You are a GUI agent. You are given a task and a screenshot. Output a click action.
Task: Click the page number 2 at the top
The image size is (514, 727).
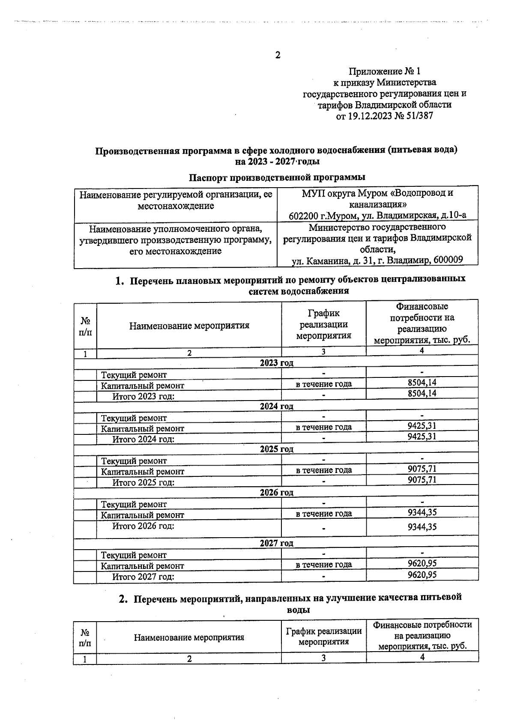[278, 55]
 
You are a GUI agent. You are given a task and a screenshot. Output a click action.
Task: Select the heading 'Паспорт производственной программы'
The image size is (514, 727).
[277, 177]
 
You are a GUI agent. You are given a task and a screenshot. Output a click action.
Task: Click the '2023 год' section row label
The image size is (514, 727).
[276, 363]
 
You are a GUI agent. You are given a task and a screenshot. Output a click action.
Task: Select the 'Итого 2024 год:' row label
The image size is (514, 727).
[143, 439]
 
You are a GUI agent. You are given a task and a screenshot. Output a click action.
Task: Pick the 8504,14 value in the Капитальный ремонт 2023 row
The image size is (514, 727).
[422, 383]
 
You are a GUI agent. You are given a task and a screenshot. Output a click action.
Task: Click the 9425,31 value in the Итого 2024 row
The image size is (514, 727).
[422, 437]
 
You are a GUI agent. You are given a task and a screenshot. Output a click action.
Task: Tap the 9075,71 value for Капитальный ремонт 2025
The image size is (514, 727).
[422, 469]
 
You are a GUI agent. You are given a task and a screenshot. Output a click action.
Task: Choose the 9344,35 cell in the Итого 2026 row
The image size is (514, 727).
[422, 527]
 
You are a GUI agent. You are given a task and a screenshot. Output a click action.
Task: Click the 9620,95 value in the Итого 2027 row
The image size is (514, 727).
[422, 574]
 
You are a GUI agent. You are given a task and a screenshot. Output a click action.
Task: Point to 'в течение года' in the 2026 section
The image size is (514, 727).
[324, 513]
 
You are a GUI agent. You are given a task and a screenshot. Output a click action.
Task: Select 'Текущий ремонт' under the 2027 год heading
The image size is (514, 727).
[134, 555]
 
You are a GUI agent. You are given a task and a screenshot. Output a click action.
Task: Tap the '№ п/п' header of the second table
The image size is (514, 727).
[85, 637]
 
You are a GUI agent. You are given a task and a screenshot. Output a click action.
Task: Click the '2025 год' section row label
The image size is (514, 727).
[276, 449]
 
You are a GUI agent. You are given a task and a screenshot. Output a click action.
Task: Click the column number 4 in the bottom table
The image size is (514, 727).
[422, 657]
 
